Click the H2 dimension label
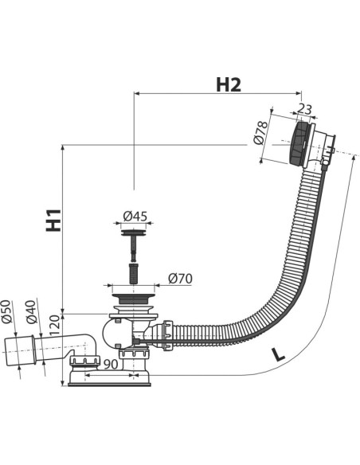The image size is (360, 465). pyautogui.click(x=229, y=85)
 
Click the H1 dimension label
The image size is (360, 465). pyautogui.click(x=53, y=220)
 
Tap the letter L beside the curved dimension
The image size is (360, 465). pyautogui.click(x=278, y=354)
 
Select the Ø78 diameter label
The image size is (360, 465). pyautogui.click(x=261, y=132)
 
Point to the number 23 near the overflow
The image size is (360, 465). pyautogui.click(x=304, y=109)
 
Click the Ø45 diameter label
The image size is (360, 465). pyautogui.click(x=135, y=217)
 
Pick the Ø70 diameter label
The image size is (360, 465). pyautogui.click(x=180, y=279)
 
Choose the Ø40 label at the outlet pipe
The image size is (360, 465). pyautogui.click(x=31, y=311)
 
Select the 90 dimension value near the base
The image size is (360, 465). pyautogui.click(x=111, y=365)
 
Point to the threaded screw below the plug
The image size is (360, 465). pyautogui.click(x=134, y=272)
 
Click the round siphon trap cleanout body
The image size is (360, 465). pyautogui.click(x=116, y=333)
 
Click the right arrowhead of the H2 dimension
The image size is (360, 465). pyautogui.click(x=298, y=93)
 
